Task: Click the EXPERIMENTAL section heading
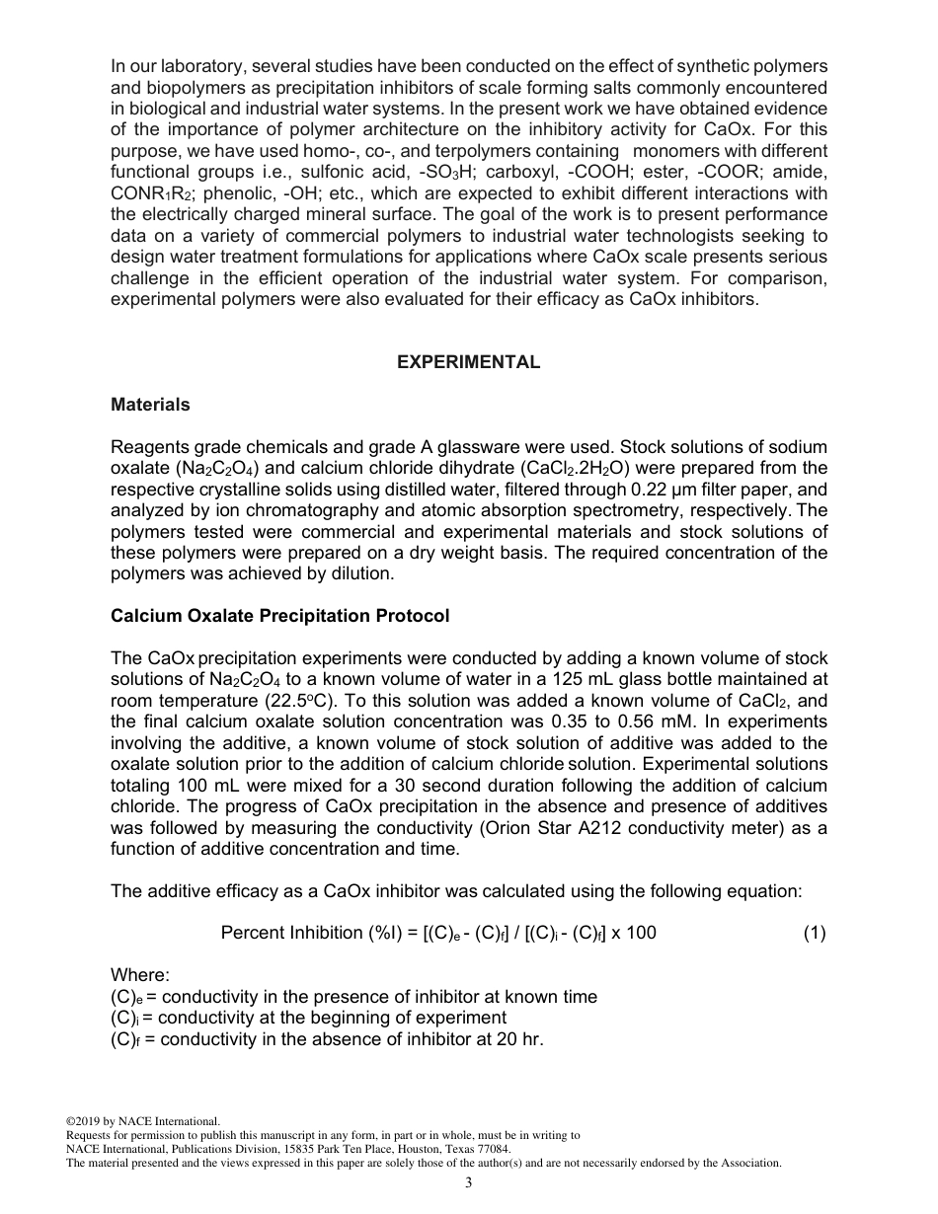(468, 362)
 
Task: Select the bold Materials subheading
(150, 405)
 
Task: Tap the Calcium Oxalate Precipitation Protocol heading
(279, 616)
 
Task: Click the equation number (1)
(814, 933)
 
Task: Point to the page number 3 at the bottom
(468, 1183)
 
